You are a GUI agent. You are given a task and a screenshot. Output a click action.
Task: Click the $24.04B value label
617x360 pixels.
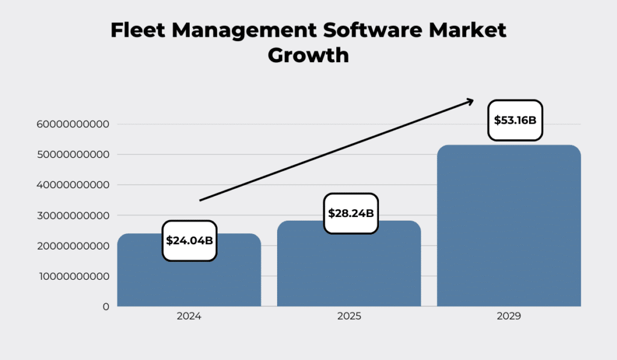point(189,241)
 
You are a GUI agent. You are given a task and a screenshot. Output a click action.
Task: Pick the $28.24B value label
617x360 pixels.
point(351,213)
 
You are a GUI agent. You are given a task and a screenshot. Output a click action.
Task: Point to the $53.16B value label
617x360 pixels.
point(515,120)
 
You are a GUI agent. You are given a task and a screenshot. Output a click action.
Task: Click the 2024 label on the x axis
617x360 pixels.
point(189,316)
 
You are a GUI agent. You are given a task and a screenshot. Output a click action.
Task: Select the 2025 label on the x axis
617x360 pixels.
point(349,316)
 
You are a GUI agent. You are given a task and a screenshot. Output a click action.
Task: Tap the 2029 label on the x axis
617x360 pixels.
point(509,316)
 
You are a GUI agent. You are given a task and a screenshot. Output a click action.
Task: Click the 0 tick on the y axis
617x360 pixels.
point(105,306)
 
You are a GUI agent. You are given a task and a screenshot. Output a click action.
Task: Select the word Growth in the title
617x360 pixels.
point(308,55)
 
